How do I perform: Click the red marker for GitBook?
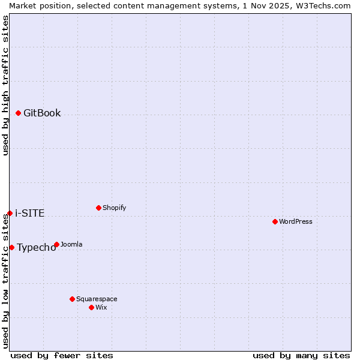click(18, 113)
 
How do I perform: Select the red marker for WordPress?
click(275, 221)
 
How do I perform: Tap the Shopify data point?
click(98, 208)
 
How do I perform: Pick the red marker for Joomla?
click(56, 244)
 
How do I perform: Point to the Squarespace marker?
click(72, 299)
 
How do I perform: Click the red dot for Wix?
click(91, 307)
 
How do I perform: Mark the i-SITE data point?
click(10, 213)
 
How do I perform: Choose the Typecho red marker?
click(11, 247)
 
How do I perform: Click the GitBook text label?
click(42, 113)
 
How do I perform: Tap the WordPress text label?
click(296, 221)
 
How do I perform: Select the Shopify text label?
click(115, 208)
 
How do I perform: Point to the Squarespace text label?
click(97, 299)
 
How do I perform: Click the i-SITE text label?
click(29, 214)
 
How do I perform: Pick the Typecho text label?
click(36, 248)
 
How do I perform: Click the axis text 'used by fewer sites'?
click(62, 355)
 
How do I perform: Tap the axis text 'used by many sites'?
click(301, 355)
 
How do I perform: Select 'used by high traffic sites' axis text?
click(5, 85)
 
